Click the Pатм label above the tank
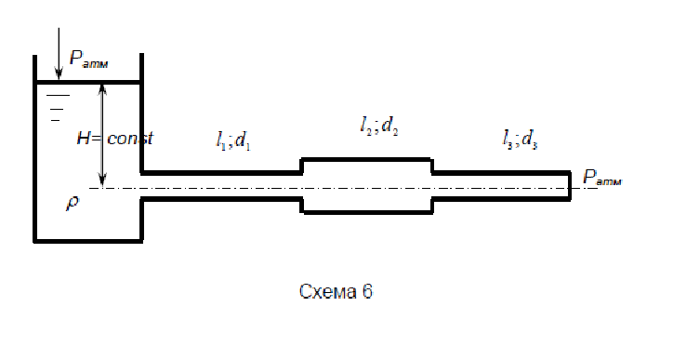pyautogui.click(x=89, y=60)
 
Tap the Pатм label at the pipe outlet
pyautogui.click(x=602, y=177)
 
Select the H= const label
pyautogui.click(x=114, y=139)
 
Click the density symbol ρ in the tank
pyautogui.click(x=73, y=203)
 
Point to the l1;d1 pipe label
pyautogui.click(x=233, y=140)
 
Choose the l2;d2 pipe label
pyautogui.click(x=379, y=126)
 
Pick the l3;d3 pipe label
pyautogui.click(x=521, y=140)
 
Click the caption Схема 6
pyautogui.click(x=336, y=291)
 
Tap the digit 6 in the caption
pyautogui.click(x=367, y=291)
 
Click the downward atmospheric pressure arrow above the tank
pyautogui.click(x=59, y=54)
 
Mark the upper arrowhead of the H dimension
pyautogui.click(x=102, y=89)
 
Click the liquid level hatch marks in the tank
pyautogui.click(x=58, y=108)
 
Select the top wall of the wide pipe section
pyautogui.click(x=367, y=159)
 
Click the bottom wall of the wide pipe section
pyautogui.click(x=367, y=212)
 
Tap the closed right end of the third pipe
pyautogui.click(x=570, y=186)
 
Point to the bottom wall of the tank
pyautogui.click(x=88, y=241)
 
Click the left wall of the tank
pyautogui.click(x=35, y=149)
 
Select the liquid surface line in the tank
pyautogui.click(x=88, y=81)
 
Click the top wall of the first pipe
pyautogui.click(x=221, y=173)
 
